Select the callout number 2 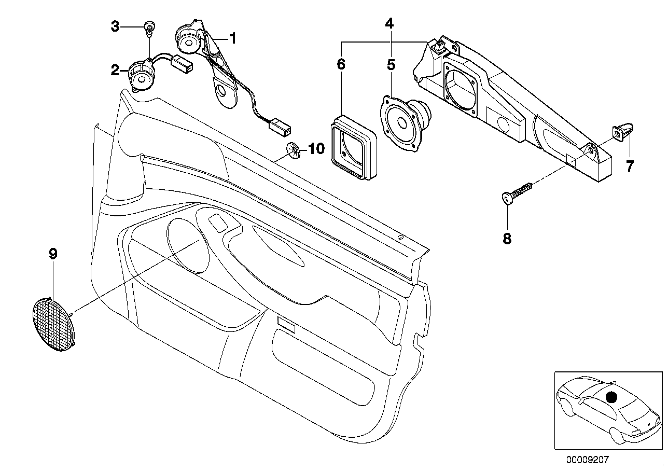click(x=115, y=70)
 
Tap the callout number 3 click(x=115, y=26)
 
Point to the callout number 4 click(x=389, y=23)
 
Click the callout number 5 click(x=391, y=65)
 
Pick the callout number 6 click(x=340, y=65)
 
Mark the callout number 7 click(x=630, y=166)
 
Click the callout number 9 click(x=53, y=254)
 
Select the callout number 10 click(x=316, y=149)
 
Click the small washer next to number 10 click(x=294, y=151)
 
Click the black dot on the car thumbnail click(x=612, y=397)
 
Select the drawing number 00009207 click(x=590, y=460)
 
